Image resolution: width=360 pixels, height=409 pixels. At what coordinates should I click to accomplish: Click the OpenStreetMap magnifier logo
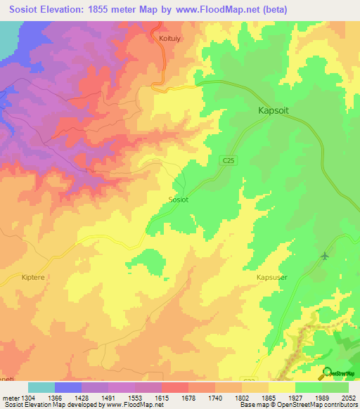327,372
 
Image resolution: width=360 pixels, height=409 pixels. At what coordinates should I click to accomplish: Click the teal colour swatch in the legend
41,387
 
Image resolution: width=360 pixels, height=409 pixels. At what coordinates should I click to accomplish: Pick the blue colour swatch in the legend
67,387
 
